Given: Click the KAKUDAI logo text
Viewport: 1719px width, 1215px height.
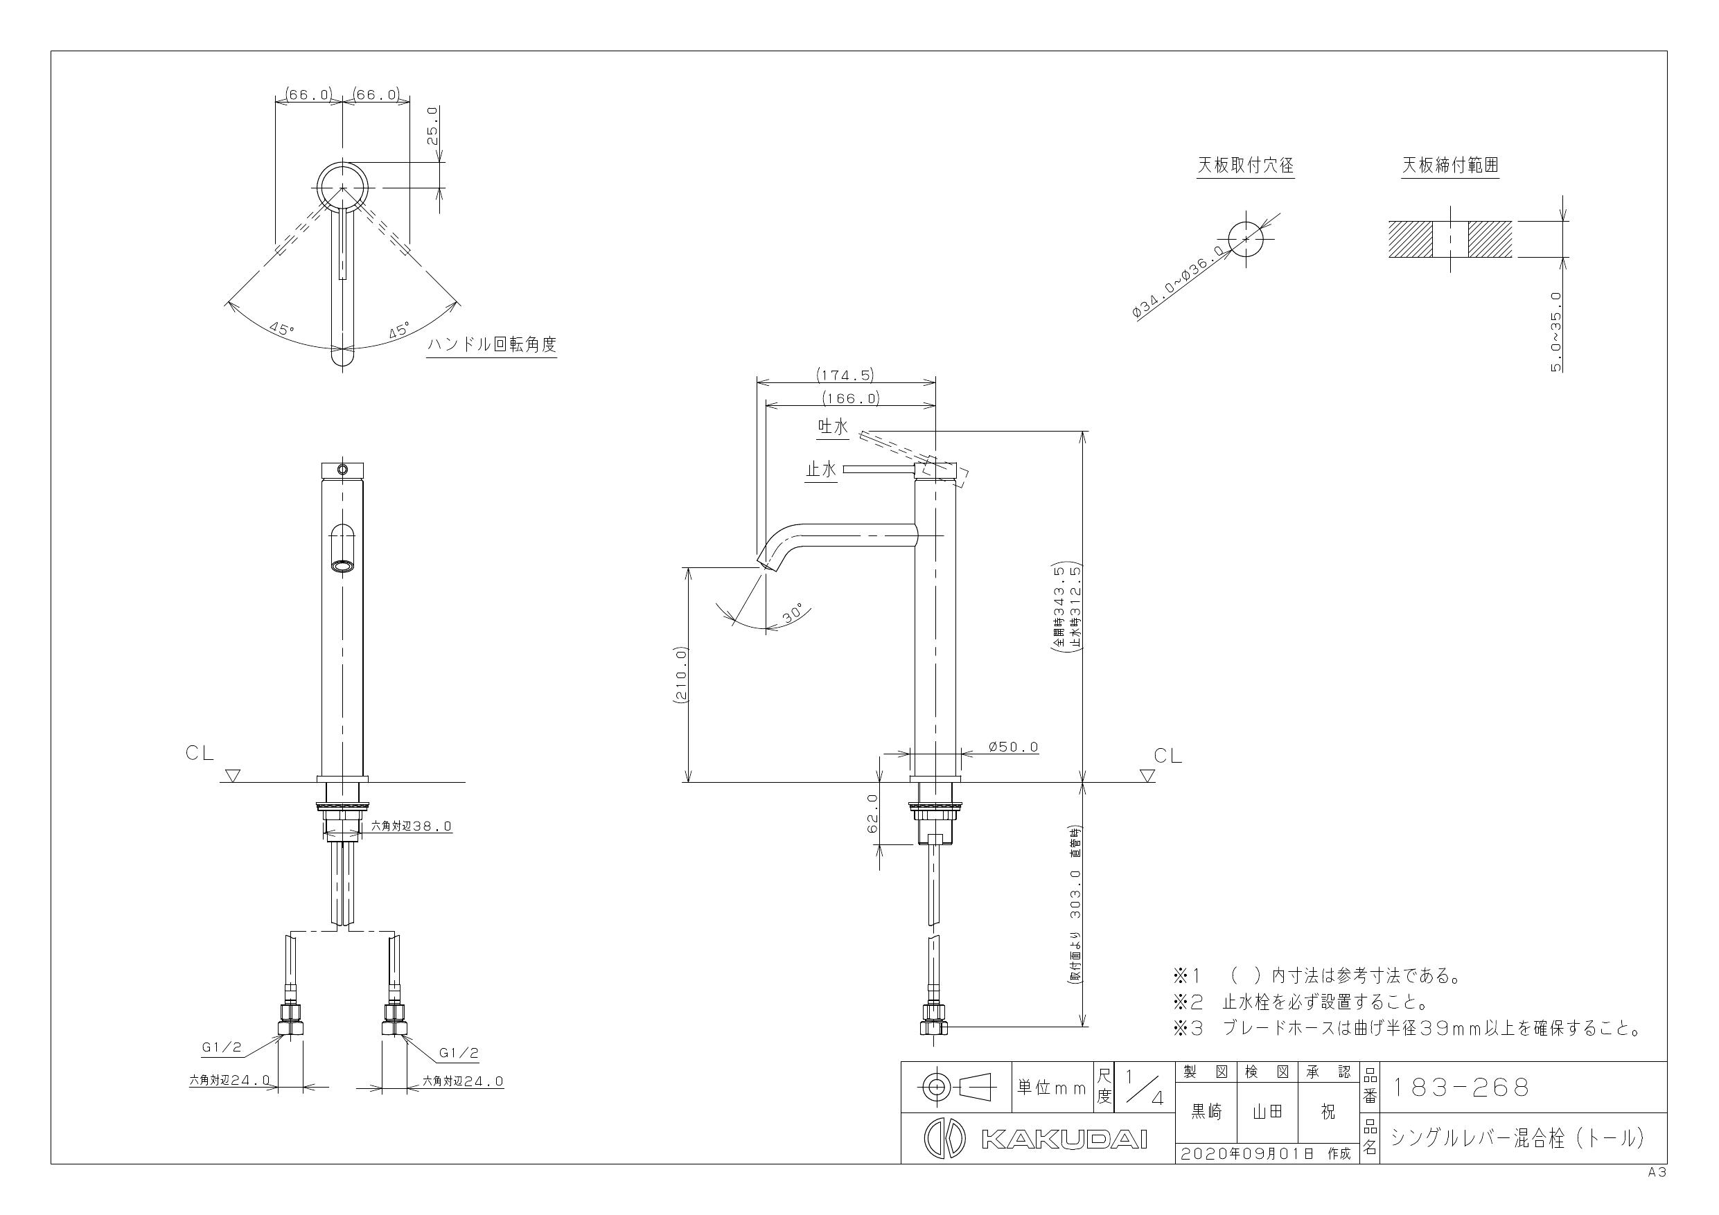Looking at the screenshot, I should tap(1063, 1139).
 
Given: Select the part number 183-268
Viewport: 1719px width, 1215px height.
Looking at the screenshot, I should tap(1459, 1088).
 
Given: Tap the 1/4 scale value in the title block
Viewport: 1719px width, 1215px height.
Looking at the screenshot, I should tap(1141, 1088).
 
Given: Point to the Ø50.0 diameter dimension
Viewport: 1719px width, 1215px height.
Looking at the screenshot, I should tap(1013, 747).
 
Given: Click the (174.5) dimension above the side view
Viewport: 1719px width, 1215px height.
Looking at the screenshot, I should tap(845, 375).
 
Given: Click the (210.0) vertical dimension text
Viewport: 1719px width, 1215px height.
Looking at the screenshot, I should tap(681, 674).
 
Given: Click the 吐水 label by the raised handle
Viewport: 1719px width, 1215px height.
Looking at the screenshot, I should tap(833, 427).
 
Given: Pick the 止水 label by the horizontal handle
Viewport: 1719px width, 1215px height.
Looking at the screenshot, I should tap(820, 470).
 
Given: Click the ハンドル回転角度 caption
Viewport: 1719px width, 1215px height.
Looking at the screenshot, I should tap(491, 345).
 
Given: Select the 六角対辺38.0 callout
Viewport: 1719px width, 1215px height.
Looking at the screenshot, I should tap(412, 826).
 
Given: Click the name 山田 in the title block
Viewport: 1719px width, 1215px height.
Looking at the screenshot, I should tap(1267, 1112).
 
